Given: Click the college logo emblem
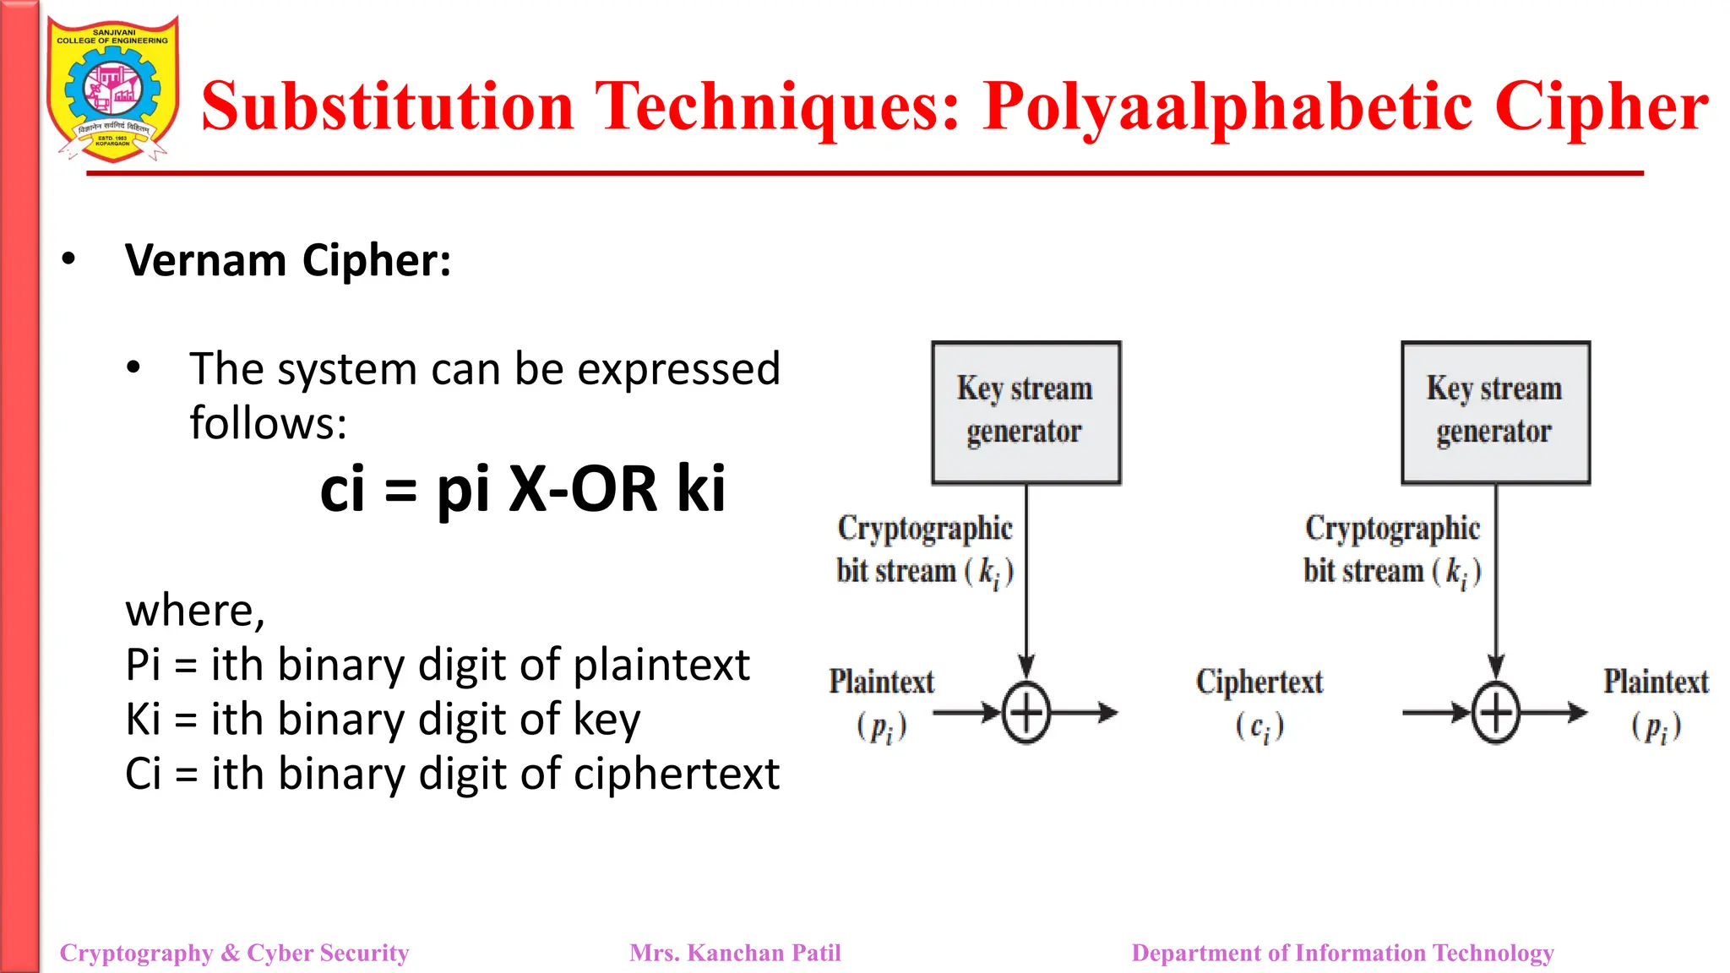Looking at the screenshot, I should (x=112, y=89).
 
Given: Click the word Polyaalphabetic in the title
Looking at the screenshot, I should (x=1228, y=106).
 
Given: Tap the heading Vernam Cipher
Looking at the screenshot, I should (x=287, y=260).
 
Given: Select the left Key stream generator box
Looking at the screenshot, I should (x=1025, y=412).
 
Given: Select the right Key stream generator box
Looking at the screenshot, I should (x=1495, y=412).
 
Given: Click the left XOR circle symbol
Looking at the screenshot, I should (x=1026, y=713).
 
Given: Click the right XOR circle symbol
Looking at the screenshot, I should (x=1496, y=713).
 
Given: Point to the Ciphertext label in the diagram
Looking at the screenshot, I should (x=1259, y=682).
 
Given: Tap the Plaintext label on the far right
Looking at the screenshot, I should (x=1656, y=682).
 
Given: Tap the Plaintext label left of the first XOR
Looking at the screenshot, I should (x=881, y=682).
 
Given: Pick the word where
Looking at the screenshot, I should (x=194, y=610).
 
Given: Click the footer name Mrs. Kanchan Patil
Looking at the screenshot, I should (x=735, y=953).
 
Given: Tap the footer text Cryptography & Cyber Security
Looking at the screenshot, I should (x=234, y=953).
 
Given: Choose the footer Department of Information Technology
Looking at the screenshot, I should (x=1342, y=953).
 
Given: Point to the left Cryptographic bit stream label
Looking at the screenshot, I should (x=924, y=549).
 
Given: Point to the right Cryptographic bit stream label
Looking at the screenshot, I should (x=1391, y=549).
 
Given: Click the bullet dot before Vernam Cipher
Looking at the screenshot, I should (x=68, y=259).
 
